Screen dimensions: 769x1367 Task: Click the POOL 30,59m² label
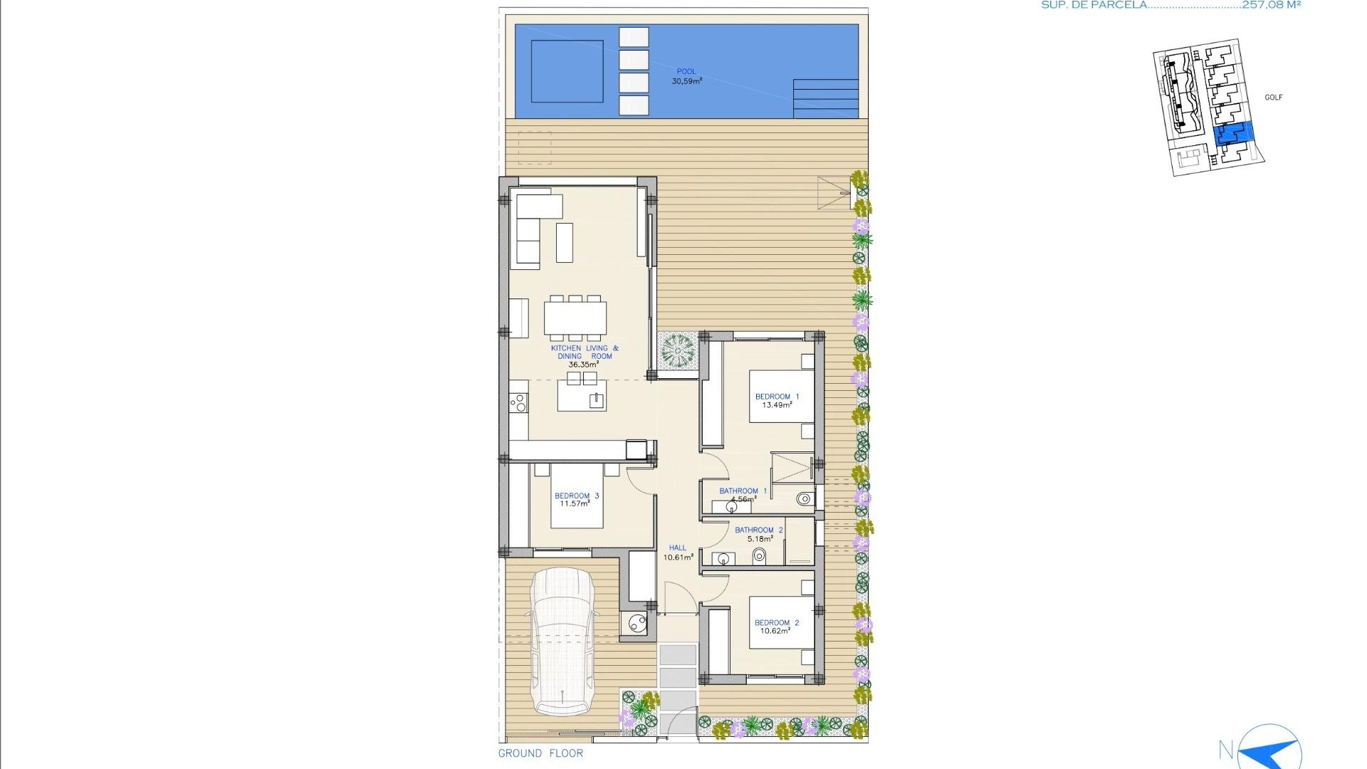[686, 76]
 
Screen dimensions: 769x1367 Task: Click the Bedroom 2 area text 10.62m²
[775, 631]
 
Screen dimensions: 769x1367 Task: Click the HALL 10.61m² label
[678, 553]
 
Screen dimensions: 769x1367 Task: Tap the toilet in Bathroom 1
[805, 498]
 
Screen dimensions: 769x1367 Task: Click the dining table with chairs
[575, 318]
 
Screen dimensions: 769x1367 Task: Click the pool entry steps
[825, 98]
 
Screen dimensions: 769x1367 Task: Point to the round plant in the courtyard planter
[678, 350]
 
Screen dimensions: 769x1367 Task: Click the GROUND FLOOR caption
[540, 753]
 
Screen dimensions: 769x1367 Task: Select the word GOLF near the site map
[1273, 98]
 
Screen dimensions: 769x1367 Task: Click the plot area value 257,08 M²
[1271, 5]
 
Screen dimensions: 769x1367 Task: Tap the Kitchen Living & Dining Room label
[584, 352]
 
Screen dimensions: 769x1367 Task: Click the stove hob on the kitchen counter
[518, 403]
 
